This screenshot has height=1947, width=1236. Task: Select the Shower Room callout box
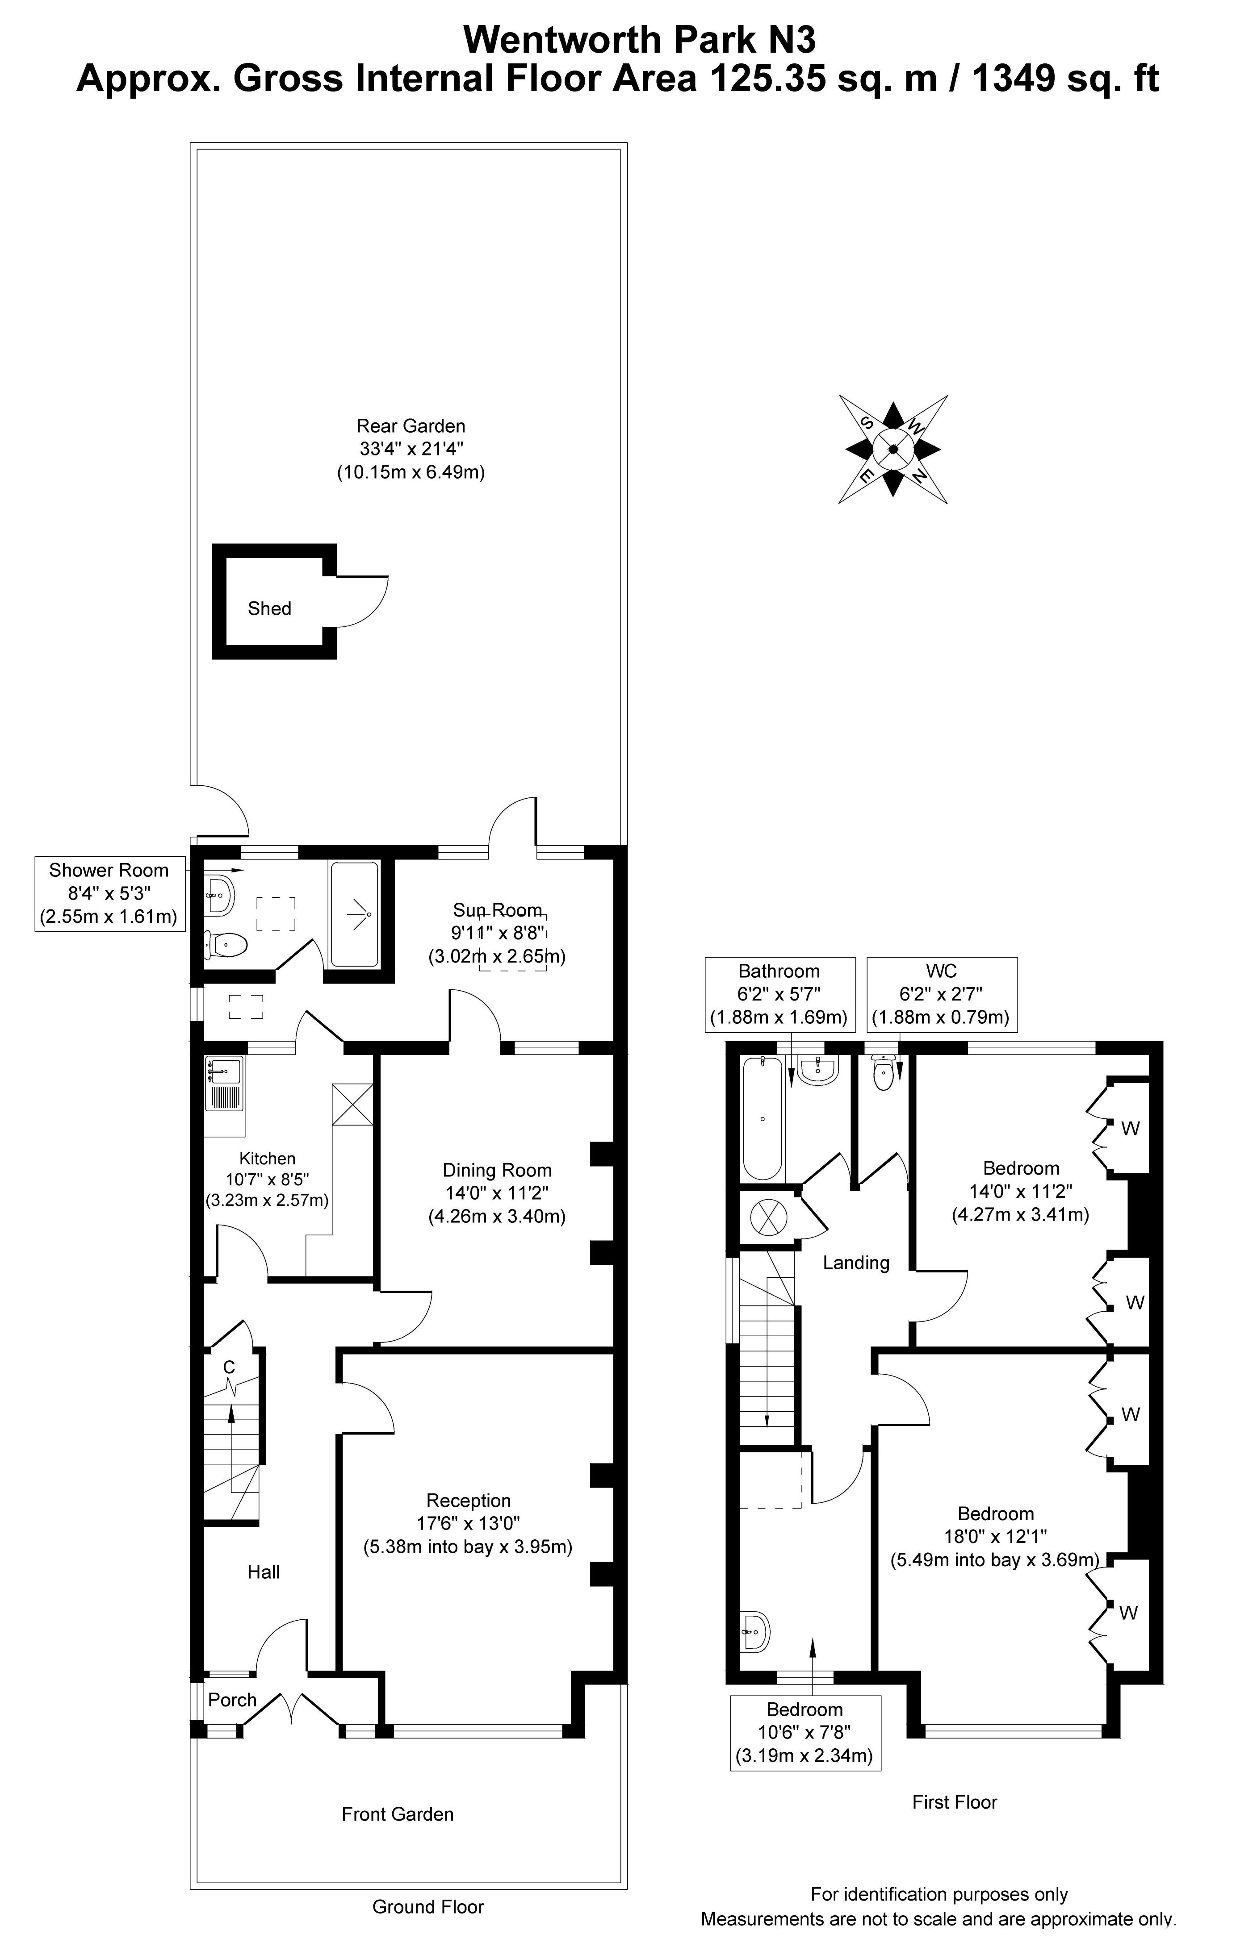point(109,893)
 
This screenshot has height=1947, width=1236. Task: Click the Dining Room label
point(497,1170)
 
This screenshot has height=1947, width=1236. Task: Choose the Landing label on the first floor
point(856,1262)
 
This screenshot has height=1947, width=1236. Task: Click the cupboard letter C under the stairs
point(229,1367)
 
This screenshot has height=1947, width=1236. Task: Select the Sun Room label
point(497,910)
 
